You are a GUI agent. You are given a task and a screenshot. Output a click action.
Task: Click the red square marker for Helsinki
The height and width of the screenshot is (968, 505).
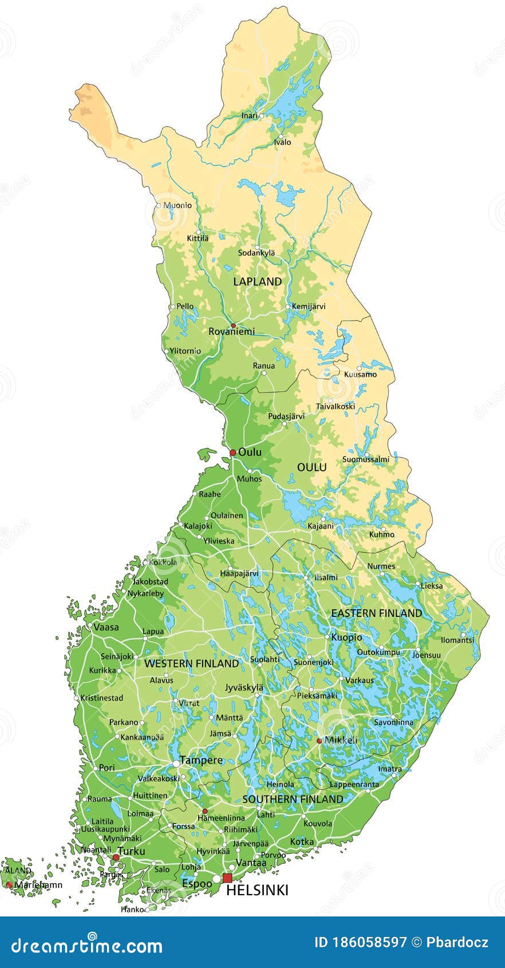point(227,878)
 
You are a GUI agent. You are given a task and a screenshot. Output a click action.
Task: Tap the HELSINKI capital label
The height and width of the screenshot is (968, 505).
point(257,890)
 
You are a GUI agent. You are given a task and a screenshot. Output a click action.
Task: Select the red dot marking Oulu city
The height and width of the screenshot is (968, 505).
point(232,452)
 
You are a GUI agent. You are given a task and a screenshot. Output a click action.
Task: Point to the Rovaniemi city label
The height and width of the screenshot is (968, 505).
point(231,332)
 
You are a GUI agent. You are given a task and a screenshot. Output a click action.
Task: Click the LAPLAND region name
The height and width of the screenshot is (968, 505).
point(257,281)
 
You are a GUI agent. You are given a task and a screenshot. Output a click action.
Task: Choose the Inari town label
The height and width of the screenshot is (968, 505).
point(249,116)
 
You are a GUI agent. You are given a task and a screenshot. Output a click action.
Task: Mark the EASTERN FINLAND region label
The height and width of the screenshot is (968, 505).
point(376,613)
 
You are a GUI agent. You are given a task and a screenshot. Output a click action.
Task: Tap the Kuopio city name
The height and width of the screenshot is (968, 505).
point(347,637)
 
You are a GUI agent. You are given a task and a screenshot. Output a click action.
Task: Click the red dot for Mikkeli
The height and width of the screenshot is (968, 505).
point(319,741)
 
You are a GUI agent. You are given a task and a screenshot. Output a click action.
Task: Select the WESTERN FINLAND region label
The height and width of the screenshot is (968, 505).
point(191,663)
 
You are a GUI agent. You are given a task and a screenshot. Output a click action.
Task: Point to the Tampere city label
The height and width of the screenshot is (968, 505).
point(201,761)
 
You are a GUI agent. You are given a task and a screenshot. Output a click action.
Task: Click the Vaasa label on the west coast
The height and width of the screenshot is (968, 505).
point(106,627)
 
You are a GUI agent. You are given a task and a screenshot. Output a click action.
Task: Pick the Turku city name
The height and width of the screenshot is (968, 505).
point(131,851)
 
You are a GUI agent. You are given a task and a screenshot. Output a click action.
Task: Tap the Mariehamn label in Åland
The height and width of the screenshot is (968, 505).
point(38,885)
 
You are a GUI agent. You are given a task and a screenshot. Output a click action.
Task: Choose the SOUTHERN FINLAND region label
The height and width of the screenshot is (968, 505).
point(293,799)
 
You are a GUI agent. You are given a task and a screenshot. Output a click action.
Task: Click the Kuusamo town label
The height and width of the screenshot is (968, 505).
point(360,375)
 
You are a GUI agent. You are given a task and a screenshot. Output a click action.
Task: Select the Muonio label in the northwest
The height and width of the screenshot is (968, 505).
point(177,205)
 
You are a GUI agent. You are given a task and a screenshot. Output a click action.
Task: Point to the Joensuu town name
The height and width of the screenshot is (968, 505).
point(427,655)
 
